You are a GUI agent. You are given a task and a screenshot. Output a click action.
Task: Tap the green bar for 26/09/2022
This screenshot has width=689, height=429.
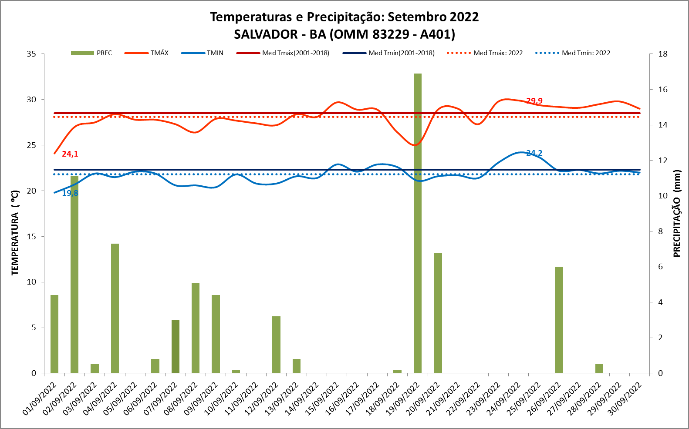[559, 320]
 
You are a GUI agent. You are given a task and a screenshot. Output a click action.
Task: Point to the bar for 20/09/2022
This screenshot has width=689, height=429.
[438, 313]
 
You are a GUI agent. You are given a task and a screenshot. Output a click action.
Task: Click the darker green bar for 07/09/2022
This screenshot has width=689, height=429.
[176, 346]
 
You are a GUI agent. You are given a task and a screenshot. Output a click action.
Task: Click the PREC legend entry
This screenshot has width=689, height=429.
[92, 53]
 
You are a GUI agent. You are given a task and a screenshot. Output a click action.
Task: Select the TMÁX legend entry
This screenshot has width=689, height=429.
[147, 53]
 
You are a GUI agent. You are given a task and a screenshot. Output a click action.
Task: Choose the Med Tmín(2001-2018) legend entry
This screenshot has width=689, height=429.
[388, 53]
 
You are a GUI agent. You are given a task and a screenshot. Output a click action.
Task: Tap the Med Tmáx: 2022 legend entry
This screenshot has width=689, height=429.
[485, 53]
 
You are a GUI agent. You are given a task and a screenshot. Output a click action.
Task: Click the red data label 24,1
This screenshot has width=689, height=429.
[70, 154]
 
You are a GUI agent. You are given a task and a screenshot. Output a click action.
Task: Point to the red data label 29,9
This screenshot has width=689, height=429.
[534, 101]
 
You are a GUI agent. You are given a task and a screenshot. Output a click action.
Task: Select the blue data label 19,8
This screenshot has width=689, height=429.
[70, 193]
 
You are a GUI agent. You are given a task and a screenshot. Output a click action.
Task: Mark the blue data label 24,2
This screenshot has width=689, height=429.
[534, 153]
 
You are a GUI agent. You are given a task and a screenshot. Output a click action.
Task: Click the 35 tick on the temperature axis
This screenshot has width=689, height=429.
[31, 54]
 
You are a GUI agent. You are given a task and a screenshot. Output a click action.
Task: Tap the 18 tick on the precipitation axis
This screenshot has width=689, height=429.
[663, 54]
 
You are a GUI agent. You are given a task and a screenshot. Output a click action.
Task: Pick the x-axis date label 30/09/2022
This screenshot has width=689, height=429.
[626, 399]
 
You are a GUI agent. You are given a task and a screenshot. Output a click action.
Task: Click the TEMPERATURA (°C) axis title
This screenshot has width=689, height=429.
[15, 233]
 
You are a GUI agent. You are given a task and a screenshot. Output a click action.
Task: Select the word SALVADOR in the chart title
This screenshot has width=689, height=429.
[266, 34]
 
